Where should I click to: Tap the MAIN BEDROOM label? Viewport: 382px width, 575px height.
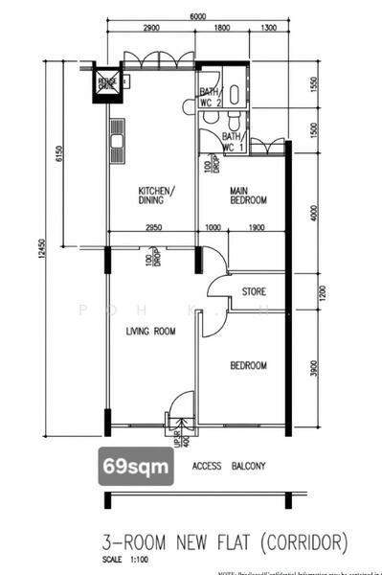pyautogui.click(x=247, y=195)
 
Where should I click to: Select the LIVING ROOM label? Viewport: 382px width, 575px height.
pyautogui.click(x=151, y=332)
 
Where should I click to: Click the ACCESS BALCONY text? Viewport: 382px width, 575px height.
pyautogui.click(x=228, y=467)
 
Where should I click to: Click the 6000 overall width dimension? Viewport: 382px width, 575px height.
pyautogui.click(x=198, y=16)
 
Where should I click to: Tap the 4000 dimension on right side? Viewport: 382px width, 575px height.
pyautogui.click(x=317, y=211)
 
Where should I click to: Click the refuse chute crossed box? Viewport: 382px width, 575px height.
pyautogui.click(x=106, y=83)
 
